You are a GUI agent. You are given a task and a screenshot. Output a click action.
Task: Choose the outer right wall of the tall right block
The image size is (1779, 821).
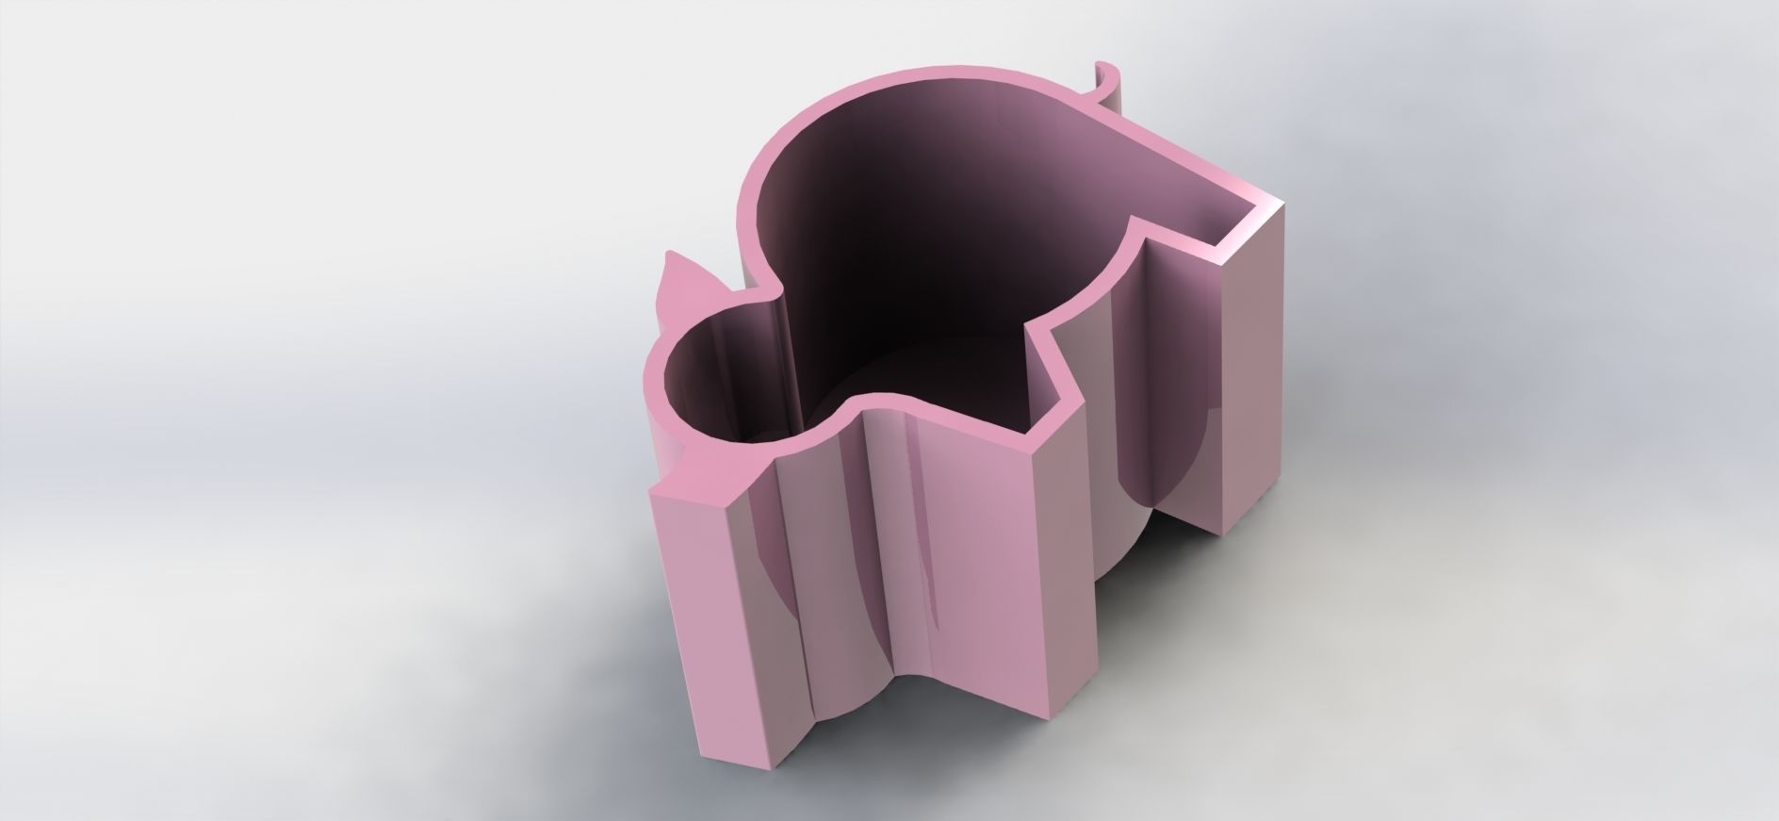pyautogui.click(x=1244, y=377)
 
